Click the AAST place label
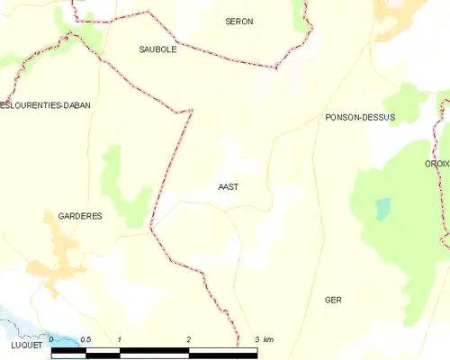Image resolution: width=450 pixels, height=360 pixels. [x=228, y=188]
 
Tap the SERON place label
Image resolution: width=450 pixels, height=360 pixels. [x=238, y=21]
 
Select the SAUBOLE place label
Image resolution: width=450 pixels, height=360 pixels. [x=157, y=50]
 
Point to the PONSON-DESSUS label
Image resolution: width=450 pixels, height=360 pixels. [x=360, y=118]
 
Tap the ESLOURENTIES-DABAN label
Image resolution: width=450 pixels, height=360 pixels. [x=45, y=105]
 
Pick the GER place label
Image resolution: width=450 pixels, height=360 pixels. [x=334, y=300]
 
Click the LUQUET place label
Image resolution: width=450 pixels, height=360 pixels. [x=22, y=345]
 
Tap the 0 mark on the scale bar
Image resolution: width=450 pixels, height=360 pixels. [x=52, y=339]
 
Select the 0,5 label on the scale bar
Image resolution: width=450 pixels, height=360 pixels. [x=85, y=339]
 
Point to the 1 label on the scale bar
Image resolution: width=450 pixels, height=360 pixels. [x=120, y=339]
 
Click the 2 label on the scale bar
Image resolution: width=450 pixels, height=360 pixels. [x=189, y=339]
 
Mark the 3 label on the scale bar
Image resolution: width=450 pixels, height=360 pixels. [x=256, y=339]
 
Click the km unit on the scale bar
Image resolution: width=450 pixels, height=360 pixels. [x=268, y=339]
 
